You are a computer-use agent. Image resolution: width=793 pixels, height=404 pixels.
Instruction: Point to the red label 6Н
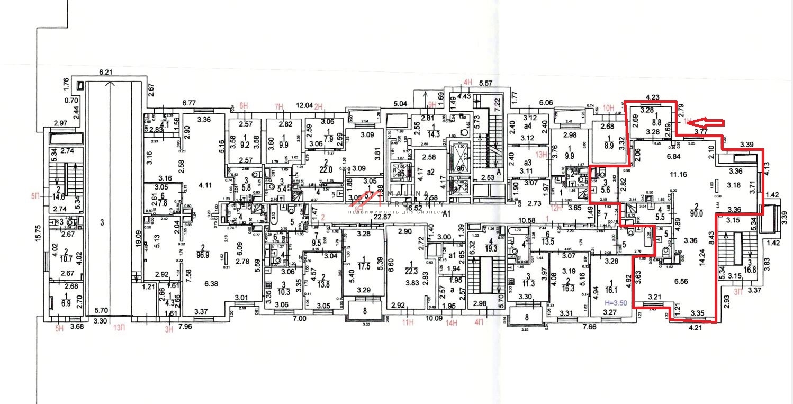click(244, 106)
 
